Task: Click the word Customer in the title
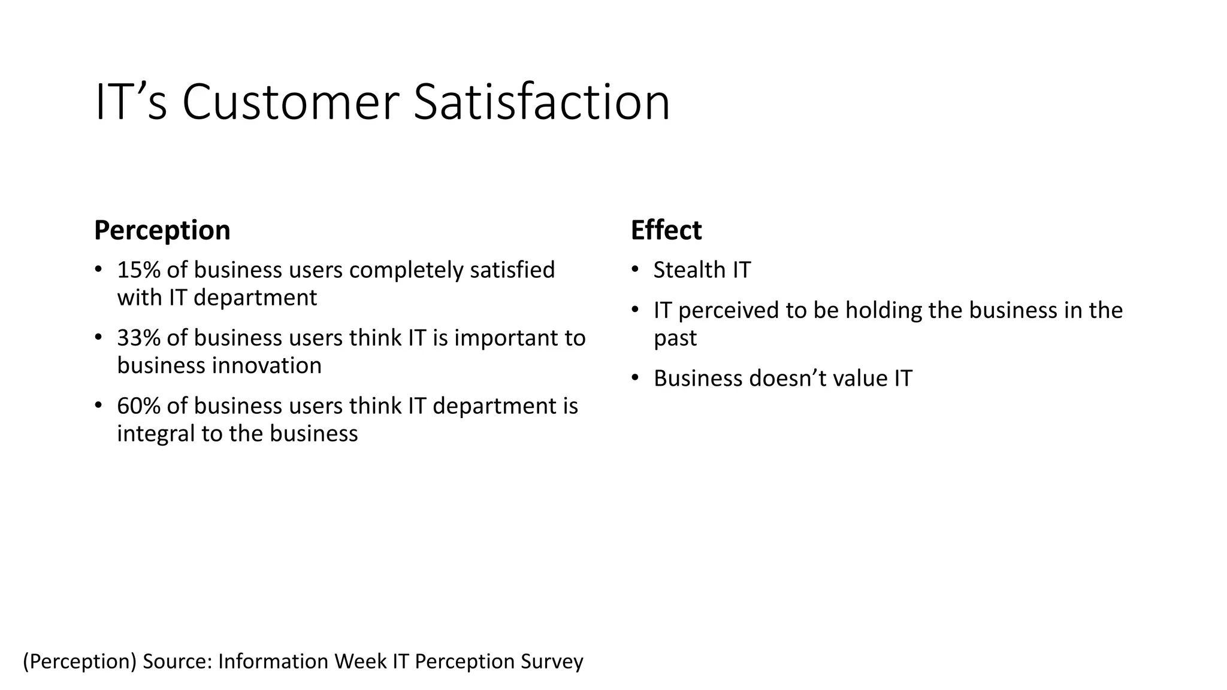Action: (x=291, y=103)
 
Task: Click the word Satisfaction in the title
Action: (x=542, y=103)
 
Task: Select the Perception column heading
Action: (x=162, y=231)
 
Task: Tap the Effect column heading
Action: (x=666, y=231)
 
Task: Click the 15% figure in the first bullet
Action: (x=138, y=270)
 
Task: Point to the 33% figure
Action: (x=138, y=338)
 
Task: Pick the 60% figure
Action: (x=138, y=406)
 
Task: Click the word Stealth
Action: (x=682, y=270)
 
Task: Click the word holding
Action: (x=876, y=311)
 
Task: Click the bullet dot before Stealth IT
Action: (x=636, y=270)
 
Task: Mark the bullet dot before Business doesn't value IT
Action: (x=636, y=378)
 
